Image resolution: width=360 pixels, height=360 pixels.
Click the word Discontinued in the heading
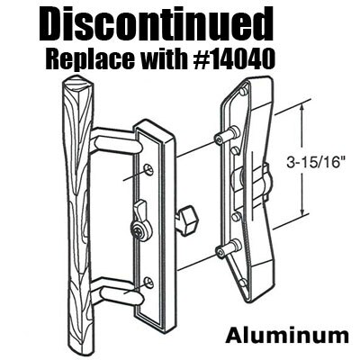coord(155,25)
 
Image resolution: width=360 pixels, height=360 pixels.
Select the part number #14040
coord(233,59)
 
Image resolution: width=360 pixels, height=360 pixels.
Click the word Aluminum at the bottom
coord(287,336)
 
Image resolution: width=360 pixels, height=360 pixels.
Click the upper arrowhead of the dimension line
coord(302,107)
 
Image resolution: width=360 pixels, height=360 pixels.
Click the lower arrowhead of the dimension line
coord(302,211)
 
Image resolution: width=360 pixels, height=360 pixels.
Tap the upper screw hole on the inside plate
coord(148,170)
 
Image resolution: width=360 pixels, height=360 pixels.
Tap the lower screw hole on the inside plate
coord(148,283)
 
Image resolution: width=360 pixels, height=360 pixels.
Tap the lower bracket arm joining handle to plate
coord(118,291)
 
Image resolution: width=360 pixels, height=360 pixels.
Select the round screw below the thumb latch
coord(137,229)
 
